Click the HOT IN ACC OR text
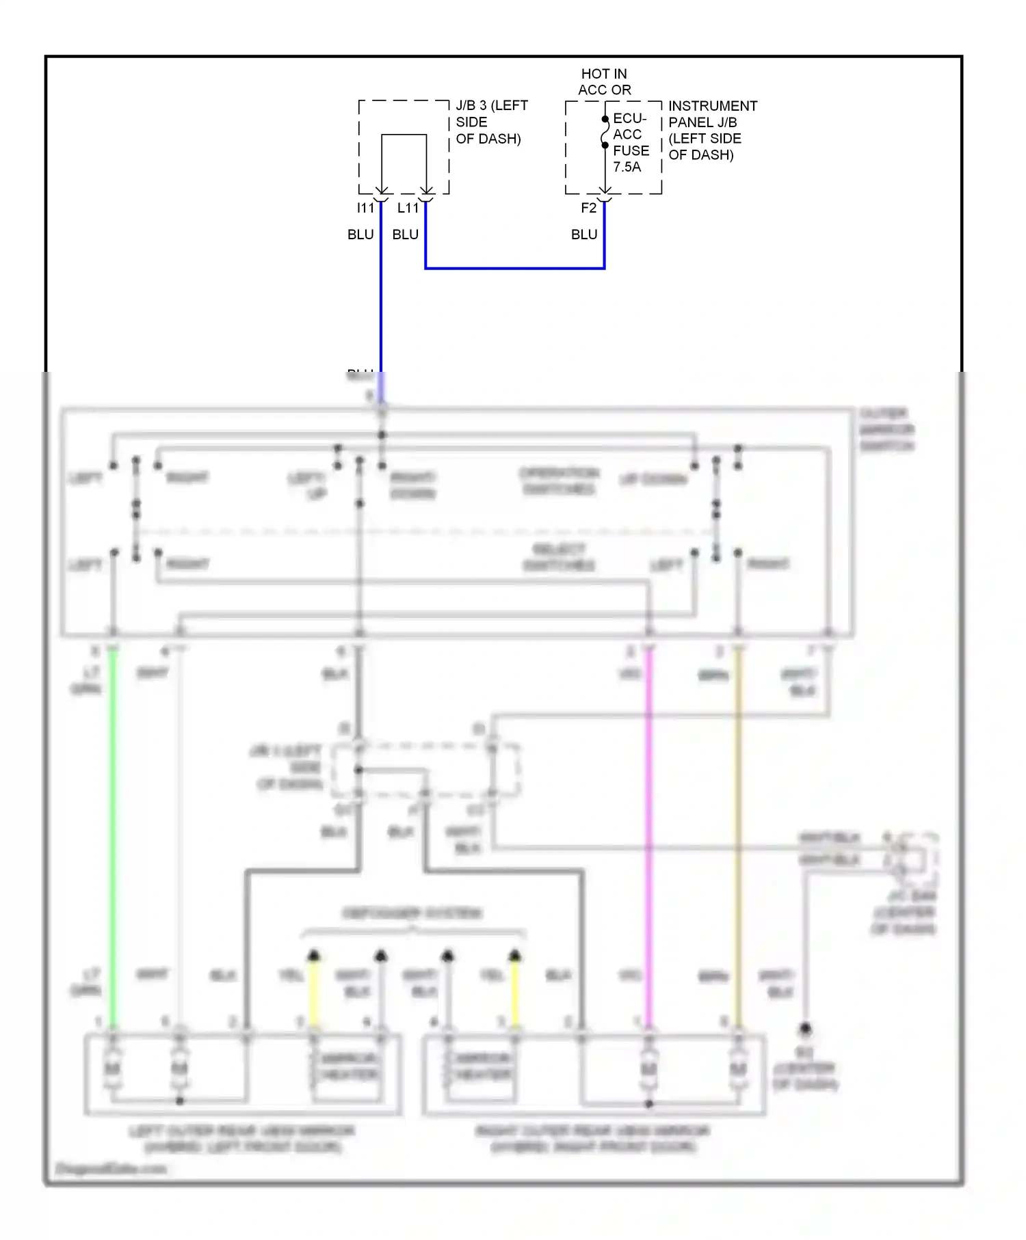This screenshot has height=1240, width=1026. (604, 81)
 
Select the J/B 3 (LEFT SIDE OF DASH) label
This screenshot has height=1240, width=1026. (491, 122)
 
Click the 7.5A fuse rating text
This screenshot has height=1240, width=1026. (627, 167)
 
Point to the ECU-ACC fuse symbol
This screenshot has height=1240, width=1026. (605, 132)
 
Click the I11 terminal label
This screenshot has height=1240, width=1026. (365, 208)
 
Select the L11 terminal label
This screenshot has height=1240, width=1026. (408, 208)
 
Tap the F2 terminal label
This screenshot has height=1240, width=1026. (588, 208)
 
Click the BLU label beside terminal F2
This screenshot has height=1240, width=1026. (584, 234)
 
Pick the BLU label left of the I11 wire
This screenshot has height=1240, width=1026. (360, 234)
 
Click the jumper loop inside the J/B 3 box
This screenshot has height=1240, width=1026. (404, 136)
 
